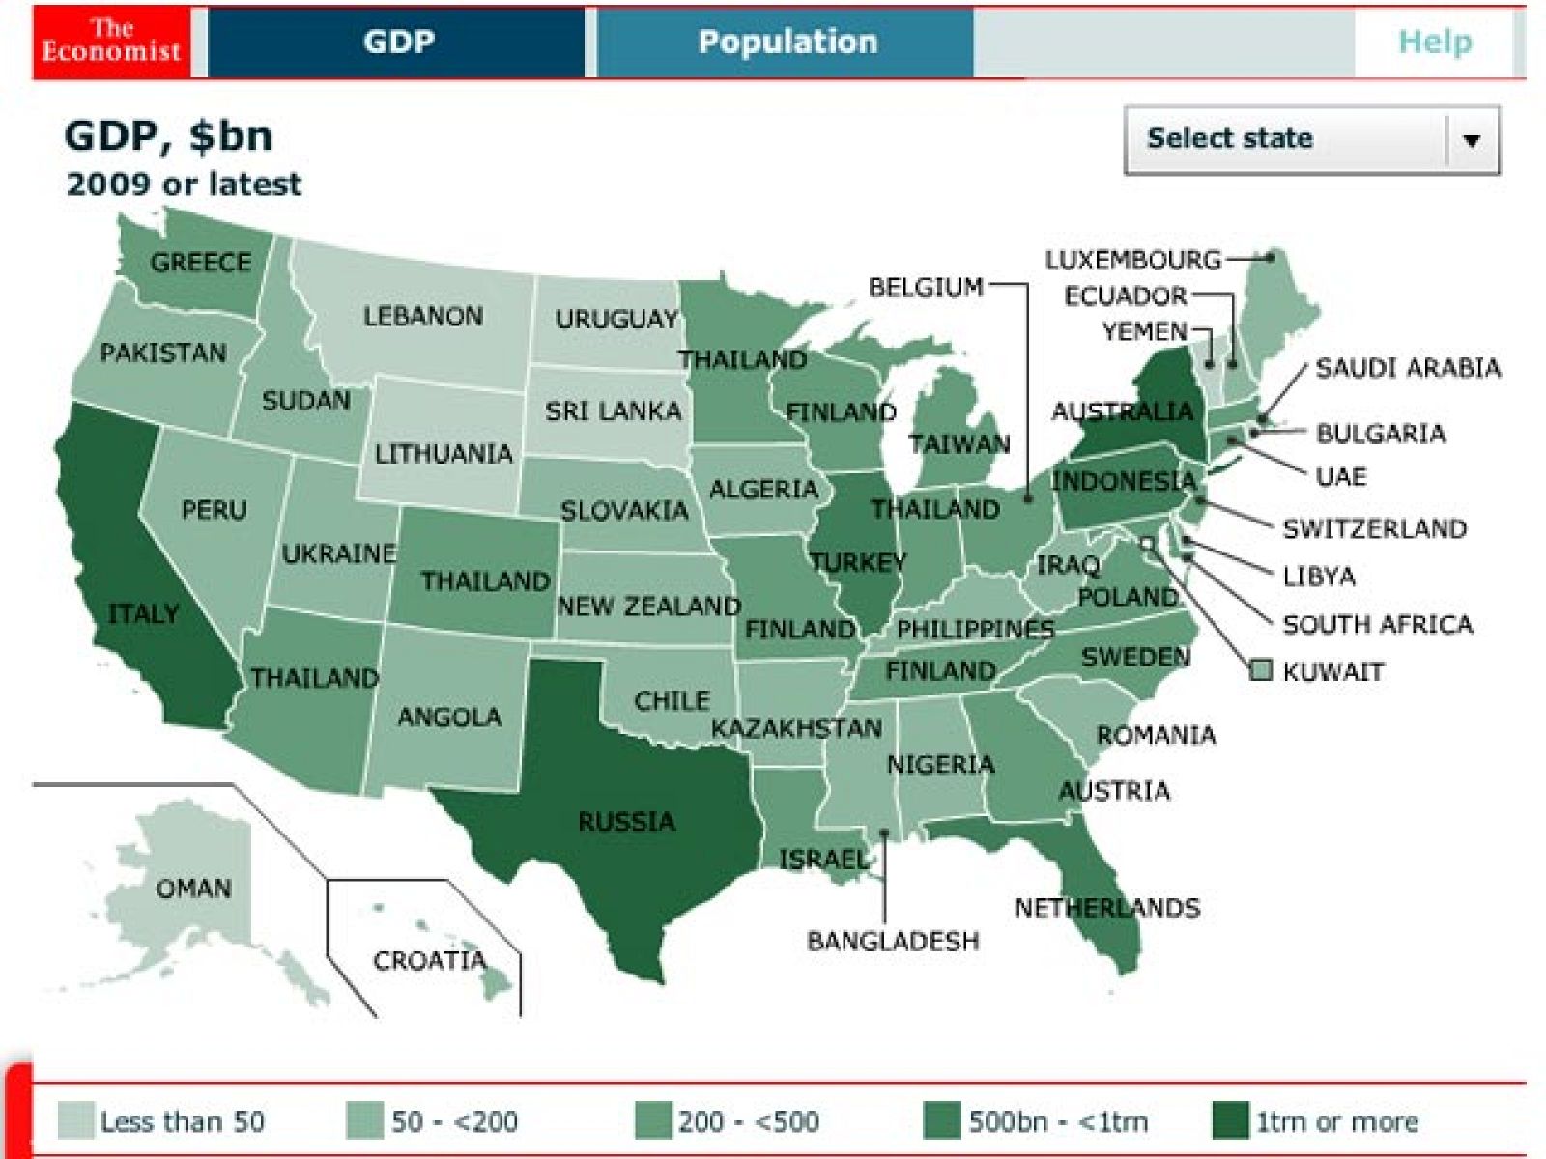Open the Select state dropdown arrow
coord(1471,140)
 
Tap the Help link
coord(1435,42)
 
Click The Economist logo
coord(111,42)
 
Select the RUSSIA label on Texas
coord(626,822)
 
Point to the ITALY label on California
coord(143,613)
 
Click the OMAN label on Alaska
coord(193,888)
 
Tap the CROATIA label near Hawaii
coord(429,960)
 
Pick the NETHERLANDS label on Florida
coord(1107,907)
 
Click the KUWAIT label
coord(1332,671)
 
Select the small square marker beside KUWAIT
coord(1260,670)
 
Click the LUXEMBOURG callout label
coord(1132,260)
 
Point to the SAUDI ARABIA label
coord(1408,368)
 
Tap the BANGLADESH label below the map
coord(893,941)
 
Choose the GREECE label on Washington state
coord(200,262)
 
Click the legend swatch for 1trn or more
coord(1230,1120)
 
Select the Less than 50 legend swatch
coord(75,1120)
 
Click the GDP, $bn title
coord(168,136)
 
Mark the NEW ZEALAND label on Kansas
coord(649,607)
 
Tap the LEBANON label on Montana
coord(422,316)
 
